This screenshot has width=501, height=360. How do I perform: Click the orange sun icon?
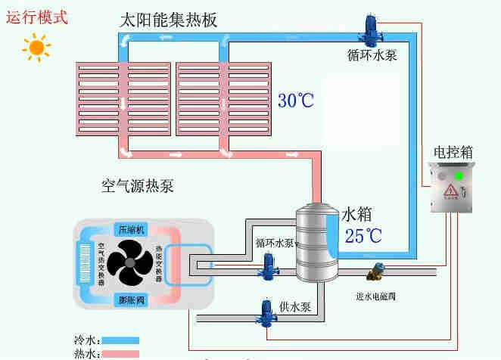click(x=36, y=48)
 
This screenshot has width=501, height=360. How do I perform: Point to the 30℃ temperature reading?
click(x=296, y=101)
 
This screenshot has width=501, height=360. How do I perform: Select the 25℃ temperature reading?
click(x=363, y=235)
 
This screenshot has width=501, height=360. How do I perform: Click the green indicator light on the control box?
click(x=459, y=177)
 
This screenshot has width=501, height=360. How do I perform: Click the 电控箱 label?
click(x=453, y=152)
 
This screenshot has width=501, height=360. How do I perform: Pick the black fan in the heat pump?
click(x=130, y=264)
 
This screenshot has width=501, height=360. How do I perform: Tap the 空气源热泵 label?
click(x=138, y=185)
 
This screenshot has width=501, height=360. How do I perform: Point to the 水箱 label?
click(x=358, y=213)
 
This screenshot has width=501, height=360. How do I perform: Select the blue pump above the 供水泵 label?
click(x=267, y=311)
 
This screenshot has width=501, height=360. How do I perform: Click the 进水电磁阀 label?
click(x=376, y=296)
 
